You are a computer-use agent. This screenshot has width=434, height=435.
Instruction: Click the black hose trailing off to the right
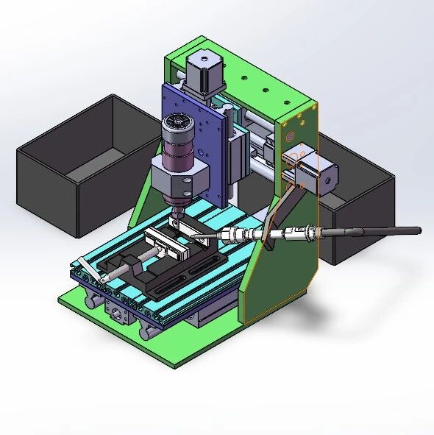pos(383,231)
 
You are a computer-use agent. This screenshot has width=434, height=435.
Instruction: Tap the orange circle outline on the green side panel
pos(289,137)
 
